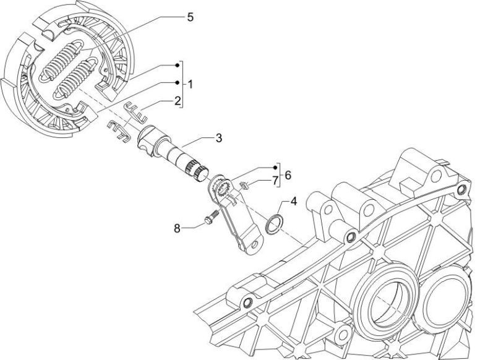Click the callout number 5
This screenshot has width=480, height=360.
tap(191, 17)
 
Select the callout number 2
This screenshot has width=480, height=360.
tap(177, 100)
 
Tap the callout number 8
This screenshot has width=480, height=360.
tap(177, 228)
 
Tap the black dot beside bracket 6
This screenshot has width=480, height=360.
tap(276, 168)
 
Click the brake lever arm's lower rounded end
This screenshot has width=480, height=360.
tap(249, 246)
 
